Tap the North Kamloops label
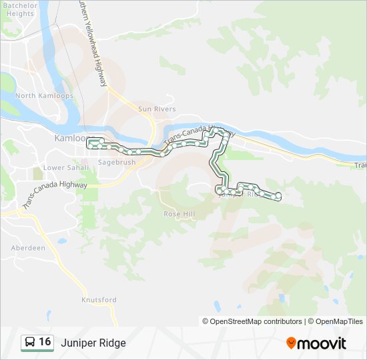[x=35, y=95]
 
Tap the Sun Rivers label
[x=157, y=109]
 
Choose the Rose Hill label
[x=179, y=214]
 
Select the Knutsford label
[x=99, y=300]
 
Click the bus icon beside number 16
[x=30, y=343]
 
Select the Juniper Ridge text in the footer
[x=93, y=343]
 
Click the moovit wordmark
[x=322, y=343]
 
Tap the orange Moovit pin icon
[x=291, y=343]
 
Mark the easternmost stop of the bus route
[x=278, y=195]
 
